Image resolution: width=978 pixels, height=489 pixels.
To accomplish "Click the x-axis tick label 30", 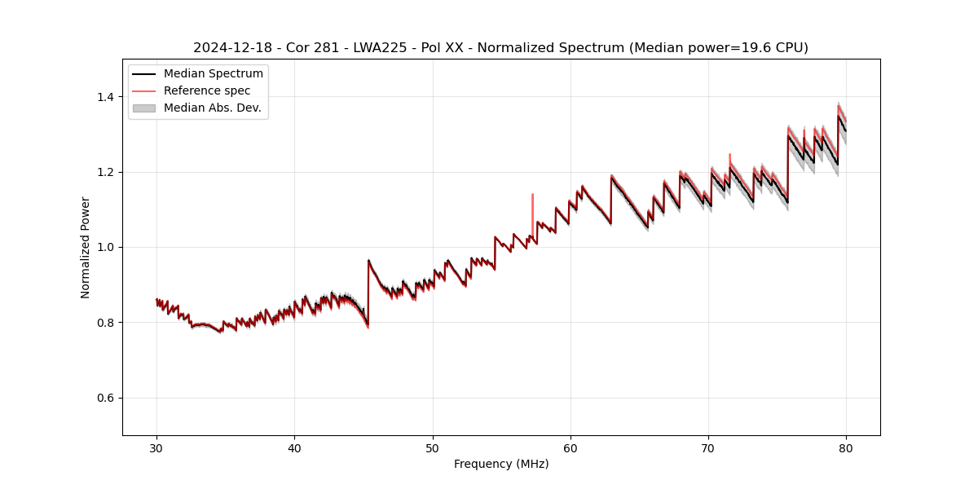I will coord(156,447).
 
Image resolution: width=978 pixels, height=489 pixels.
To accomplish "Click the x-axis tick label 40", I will coord(294,447).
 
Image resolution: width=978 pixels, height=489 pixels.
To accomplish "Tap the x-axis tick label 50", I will coord(433,447).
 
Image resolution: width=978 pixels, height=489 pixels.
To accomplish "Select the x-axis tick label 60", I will coord(570,447).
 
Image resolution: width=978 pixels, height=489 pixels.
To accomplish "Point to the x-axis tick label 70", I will coord(708,447).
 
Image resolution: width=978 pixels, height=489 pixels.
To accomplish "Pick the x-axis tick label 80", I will coord(846,447).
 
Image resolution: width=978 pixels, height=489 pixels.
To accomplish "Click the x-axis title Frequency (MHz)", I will coord(501,464).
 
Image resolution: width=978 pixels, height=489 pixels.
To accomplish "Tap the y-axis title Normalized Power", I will coord(86,247).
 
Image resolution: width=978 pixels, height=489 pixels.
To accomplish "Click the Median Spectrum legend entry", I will coord(213,73).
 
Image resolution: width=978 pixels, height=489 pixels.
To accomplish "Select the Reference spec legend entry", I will coord(207,90).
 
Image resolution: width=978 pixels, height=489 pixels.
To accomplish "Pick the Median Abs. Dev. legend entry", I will coord(212,108).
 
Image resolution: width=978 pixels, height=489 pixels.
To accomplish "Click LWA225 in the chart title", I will coord(380,48).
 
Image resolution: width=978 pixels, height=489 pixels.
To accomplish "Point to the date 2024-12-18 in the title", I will coord(231,48).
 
